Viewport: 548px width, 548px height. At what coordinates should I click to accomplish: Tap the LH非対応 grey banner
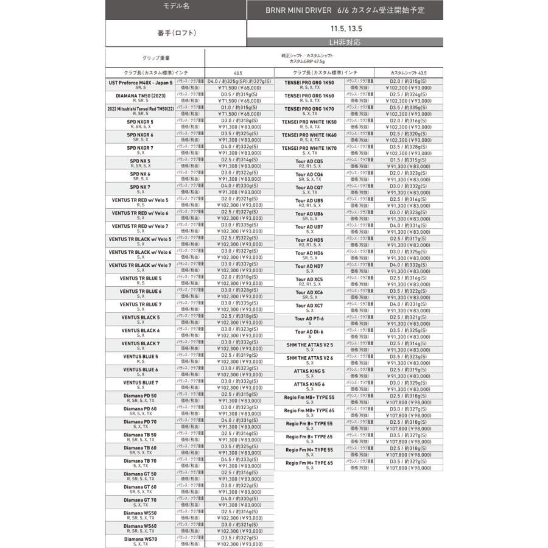344,42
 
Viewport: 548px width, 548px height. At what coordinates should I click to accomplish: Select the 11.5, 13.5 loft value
344,28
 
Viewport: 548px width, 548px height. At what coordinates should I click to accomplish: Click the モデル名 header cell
176,6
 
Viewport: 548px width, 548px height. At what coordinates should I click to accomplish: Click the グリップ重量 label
156,58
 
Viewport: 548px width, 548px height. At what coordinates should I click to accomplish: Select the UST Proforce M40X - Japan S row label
141,82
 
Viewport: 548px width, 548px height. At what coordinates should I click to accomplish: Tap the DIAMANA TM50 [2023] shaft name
141,96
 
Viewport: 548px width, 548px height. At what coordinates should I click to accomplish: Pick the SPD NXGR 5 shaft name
141,122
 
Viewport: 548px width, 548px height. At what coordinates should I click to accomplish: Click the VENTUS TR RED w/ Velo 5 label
141,200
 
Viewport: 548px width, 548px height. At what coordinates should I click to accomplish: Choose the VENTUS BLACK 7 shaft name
141,343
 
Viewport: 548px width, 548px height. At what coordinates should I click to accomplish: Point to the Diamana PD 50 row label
141,396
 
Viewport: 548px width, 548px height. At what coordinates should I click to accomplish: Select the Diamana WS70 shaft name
141,539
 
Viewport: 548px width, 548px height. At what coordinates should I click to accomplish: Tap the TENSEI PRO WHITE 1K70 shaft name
309,148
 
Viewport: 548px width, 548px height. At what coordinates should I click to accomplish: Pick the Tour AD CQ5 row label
309,161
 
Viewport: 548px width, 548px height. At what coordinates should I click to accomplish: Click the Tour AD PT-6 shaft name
309,318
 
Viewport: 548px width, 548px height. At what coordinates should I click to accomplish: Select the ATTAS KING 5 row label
309,371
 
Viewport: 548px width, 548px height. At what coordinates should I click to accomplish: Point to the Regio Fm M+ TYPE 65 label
309,463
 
